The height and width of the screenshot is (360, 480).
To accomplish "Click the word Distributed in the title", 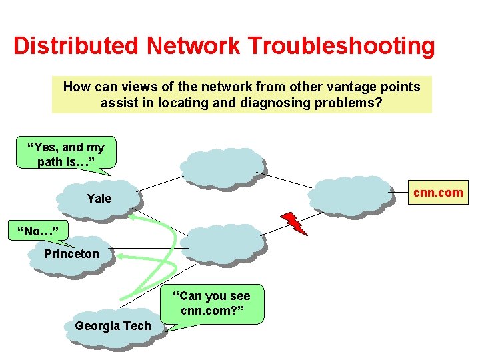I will click(x=76, y=46).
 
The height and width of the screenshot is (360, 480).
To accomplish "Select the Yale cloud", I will click(x=99, y=198).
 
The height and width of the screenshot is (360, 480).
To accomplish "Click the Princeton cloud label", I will click(x=71, y=254).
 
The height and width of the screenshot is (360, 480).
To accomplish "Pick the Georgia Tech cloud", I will click(x=113, y=326).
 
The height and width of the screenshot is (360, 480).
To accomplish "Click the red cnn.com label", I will click(x=438, y=193).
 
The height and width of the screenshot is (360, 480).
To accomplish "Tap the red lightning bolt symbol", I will click(x=294, y=223).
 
